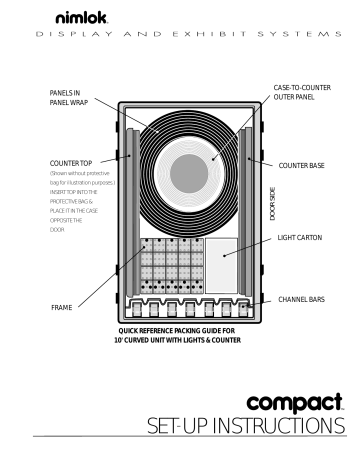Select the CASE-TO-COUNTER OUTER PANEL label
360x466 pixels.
(x=301, y=93)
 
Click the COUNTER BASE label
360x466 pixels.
(x=303, y=161)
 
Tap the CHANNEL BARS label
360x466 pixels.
(x=304, y=299)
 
